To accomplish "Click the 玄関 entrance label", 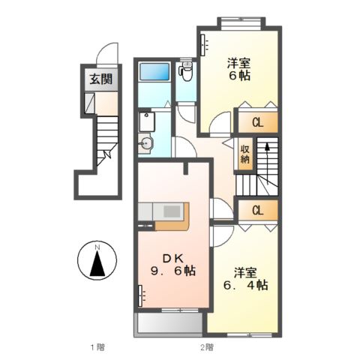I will pyautogui.click(x=95, y=78).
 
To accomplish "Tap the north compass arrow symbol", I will pyautogui.click(x=95, y=263).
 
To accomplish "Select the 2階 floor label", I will pyautogui.click(x=205, y=346).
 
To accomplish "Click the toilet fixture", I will pyautogui.click(x=186, y=72).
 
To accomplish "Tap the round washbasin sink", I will pyautogui.click(x=148, y=142).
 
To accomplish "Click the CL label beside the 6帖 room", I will pyautogui.click(x=256, y=121).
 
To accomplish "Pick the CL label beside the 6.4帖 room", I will pyautogui.click(x=256, y=210).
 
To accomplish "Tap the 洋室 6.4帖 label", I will pyautogui.click(x=244, y=278).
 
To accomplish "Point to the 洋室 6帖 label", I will pyautogui.click(x=239, y=68).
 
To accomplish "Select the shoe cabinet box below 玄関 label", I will pyautogui.click(x=88, y=102).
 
